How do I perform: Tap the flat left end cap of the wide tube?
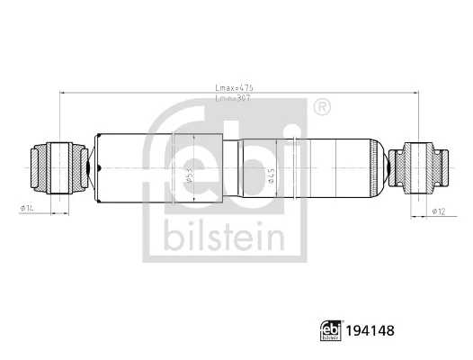pyautogui.click(x=95, y=167)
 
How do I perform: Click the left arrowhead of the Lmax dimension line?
pyautogui.click(x=61, y=93)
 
